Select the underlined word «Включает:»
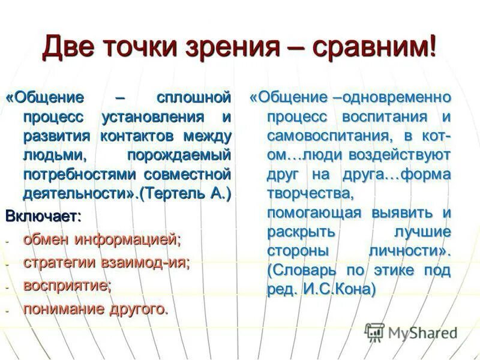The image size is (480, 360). pyautogui.click(x=43, y=214)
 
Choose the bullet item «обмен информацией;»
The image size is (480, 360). pyautogui.click(x=102, y=239)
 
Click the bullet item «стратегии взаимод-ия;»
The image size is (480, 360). pyautogui.click(x=107, y=262)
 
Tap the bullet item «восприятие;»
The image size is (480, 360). pyautogui.click(x=67, y=286)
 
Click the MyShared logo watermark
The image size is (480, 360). pyautogui.click(x=412, y=332)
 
